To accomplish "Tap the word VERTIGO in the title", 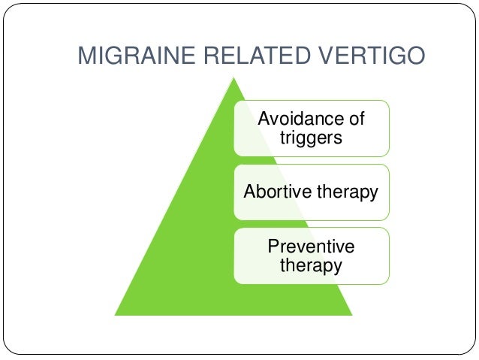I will (x=361, y=56).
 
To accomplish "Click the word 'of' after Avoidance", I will (x=357, y=118).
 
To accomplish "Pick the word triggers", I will (x=311, y=138).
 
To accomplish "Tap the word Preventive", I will (x=311, y=247).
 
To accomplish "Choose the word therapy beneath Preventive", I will (x=311, y=265).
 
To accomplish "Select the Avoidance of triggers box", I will (x=311, y=128).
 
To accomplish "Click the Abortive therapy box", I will (x=311, y=192).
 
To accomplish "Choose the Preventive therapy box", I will (x=311, y=256).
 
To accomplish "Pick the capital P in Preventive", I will (x=273, y=247).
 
